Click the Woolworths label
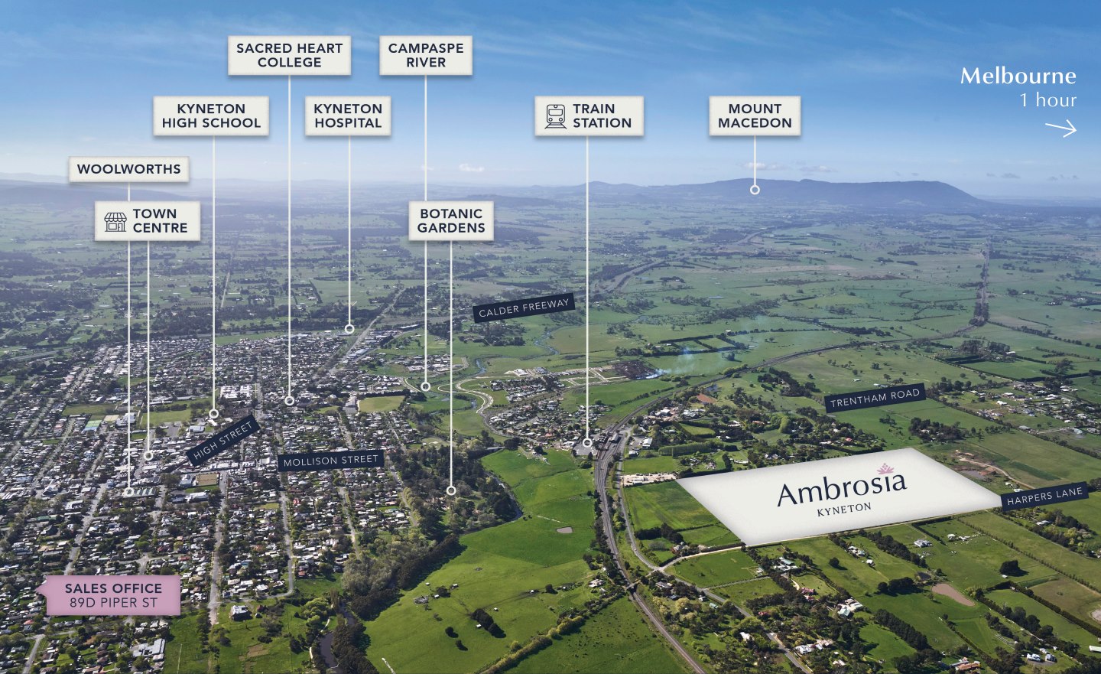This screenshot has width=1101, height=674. pyautogui.click(x=128, y=169)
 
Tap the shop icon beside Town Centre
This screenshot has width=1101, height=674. pyautogui.click(x=115, y=222)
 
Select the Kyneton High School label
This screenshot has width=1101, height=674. pyautogui.click(x=211, y=116)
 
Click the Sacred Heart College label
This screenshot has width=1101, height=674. pyautogui.click(x=290, y=55)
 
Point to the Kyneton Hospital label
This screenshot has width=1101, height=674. pyautogui.click(x=348, y=116)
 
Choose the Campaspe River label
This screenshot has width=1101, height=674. pyautogui.click(x=426, y=55)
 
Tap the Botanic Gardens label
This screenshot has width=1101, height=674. pyautogui.click(x=451, y=221)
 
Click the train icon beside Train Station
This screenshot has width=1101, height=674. pyautogui.click(x=555, y=116)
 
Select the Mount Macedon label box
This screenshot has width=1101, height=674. pyautogui.click(x=755, y=116)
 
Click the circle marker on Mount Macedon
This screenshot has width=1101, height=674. pyautogui.click(x=755, y=190)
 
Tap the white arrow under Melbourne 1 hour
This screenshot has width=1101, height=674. pyautogui.click(x=1060, y=129)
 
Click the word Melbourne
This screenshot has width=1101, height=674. pyautogui.click(x=1018, y=77)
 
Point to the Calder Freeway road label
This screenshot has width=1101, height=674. pyautogui.click(x=524, y=308)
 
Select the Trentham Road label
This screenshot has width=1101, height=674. pyautogui.click(x=875, y=398)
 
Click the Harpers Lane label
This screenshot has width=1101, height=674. pyautogui.click(x=1044, y=497)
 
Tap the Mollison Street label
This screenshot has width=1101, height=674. pyautogui.click(x=331, y=461)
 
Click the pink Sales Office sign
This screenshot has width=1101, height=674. pyautogui.click(x=113, y=595)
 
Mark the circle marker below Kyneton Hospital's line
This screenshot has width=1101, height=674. pyautogui.click(x=349, y=329)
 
